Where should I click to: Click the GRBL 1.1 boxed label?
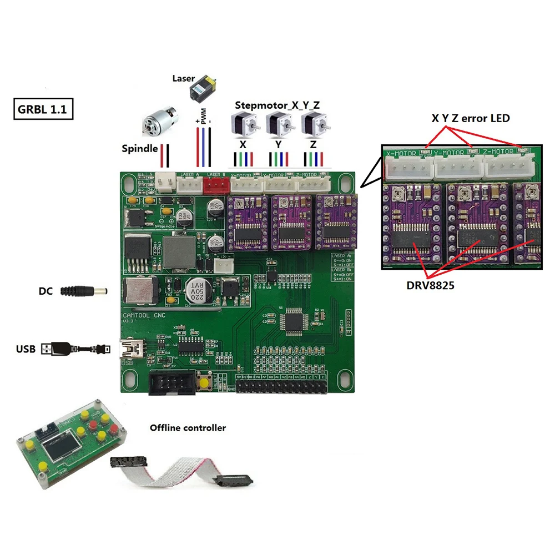click(x=42, y=109)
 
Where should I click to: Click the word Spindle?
click(x=139, y=149)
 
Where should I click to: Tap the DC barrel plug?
click(x=83, y=290)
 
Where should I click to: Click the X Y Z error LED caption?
click(x=471, y=118)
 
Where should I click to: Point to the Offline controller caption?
click(x=188, y=428)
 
